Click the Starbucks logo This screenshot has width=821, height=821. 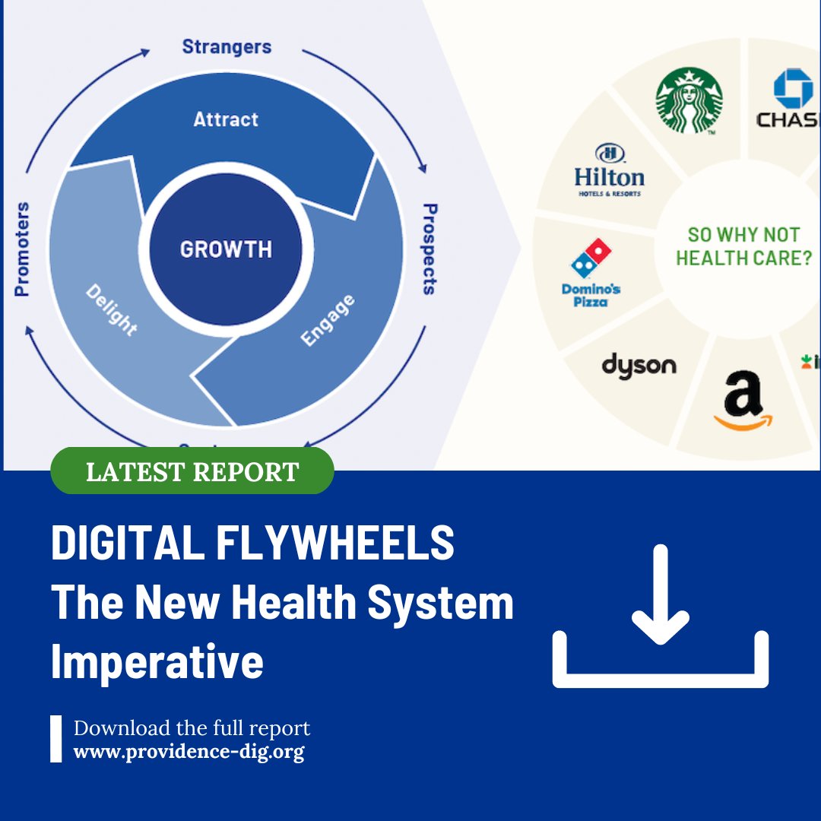(689, 101)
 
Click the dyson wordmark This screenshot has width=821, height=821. (639, 365)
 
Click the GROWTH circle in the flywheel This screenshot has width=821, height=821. (226, 249)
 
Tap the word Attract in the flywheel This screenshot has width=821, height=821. (226, 119)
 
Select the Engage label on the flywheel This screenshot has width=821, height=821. (328, 320)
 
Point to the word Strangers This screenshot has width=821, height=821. (226, 46)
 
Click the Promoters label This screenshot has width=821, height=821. (22, 249)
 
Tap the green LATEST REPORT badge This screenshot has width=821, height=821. (192, 471)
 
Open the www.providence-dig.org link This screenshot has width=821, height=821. (189, 753)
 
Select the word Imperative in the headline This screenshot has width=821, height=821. (157, 661)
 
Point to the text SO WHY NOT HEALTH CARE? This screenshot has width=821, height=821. (743, 246)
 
